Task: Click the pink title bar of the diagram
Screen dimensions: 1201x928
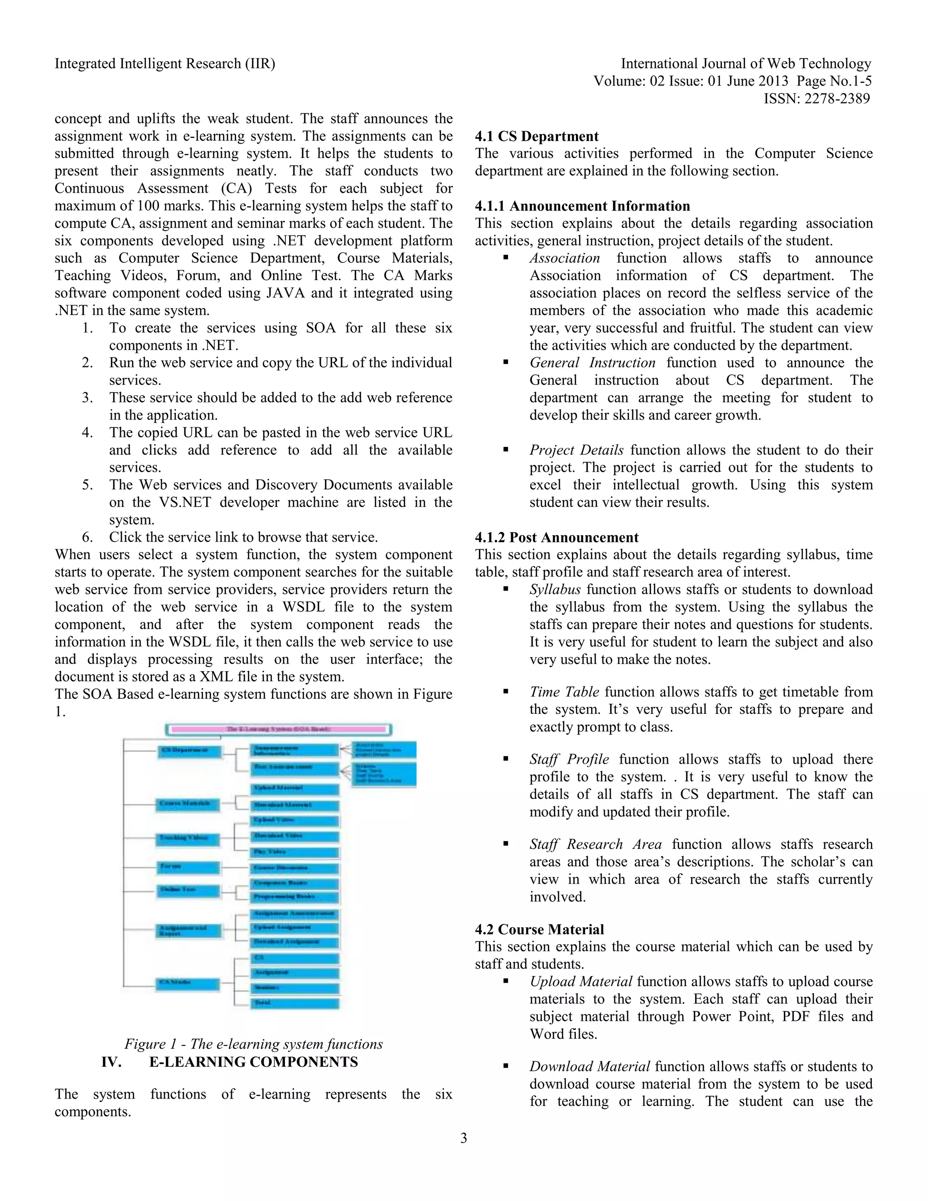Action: pos(278,730)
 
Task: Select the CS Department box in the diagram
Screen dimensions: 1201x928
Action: pos(189,751)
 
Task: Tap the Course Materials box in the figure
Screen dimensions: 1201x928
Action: pos(188,804)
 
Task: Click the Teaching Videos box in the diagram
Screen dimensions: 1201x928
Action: pos(188,838)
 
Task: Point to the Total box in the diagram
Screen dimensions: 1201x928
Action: pos(295,1002)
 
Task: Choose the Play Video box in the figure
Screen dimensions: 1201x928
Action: pos(295,852)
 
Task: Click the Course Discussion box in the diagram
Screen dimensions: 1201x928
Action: pos(295,868)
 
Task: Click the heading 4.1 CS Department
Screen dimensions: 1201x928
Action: pos(536,136)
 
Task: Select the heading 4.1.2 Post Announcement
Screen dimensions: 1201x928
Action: pos(556,537)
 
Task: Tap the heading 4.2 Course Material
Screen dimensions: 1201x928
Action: pos(539,930)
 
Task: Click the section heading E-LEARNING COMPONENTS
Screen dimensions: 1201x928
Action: pos(253,1062)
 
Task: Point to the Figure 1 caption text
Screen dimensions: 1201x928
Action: pos(253,1044)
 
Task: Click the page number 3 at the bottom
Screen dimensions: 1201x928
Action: pos(464,1138)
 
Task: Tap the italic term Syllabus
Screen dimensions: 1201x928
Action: pos(555,590)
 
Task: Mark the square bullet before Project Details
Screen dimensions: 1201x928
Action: pos(506,450)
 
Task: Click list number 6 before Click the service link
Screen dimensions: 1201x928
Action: pos(87,537)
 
